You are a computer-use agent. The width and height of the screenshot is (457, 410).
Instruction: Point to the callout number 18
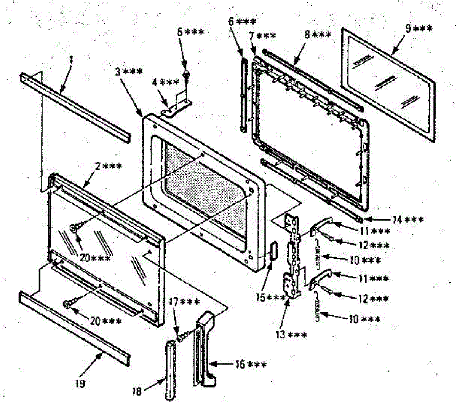tap(137, 391)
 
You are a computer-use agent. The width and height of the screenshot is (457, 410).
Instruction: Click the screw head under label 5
tap(187, 74)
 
